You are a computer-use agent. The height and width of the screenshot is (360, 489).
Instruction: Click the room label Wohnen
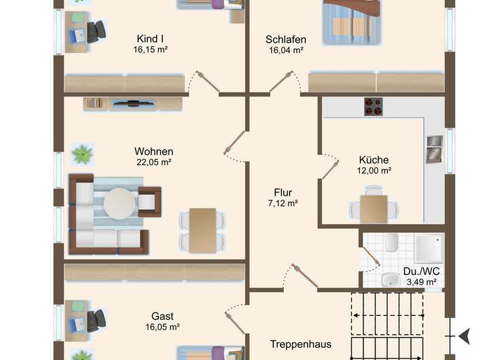153,151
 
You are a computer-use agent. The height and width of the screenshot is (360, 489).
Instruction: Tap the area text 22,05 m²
153,162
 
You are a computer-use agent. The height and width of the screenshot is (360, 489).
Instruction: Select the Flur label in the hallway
283,192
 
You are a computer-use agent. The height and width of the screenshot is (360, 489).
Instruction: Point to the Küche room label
374,160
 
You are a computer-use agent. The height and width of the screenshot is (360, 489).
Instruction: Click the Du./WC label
420,271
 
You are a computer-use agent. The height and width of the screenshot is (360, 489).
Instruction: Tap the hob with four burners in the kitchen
373,107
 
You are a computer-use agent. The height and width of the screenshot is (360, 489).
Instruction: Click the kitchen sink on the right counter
433,149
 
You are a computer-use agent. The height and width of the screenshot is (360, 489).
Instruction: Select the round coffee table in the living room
120,202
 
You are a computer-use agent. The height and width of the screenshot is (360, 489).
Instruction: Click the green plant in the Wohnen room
82,154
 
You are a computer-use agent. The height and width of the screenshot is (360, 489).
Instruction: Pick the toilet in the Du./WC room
391,242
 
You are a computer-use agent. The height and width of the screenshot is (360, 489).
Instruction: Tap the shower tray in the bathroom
429,247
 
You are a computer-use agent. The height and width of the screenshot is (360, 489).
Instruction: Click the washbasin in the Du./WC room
391,279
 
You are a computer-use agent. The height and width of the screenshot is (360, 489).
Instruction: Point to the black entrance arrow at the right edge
465,336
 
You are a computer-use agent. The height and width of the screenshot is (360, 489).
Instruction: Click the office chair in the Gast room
96,319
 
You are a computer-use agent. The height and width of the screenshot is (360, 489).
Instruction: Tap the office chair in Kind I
96,31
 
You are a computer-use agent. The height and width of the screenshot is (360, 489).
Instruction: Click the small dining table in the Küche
374,208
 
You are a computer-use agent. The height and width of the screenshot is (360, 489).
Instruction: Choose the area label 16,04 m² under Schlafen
285,50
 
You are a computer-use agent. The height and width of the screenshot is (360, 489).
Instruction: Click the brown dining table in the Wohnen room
202,230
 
